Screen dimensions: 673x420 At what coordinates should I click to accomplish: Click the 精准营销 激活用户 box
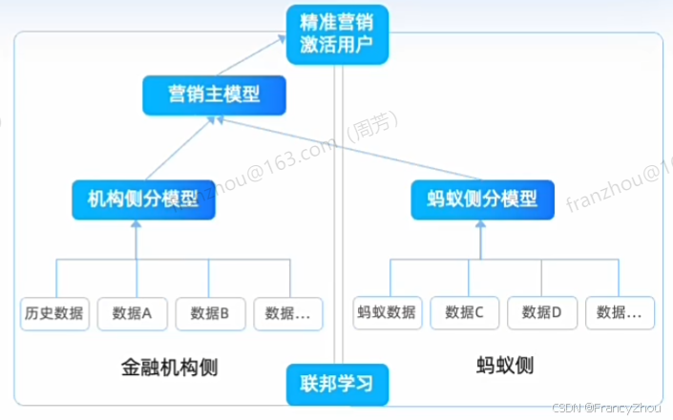[337, 33]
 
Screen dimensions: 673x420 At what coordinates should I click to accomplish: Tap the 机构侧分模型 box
[136, 199]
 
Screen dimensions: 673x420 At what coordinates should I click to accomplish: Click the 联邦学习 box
[337, 385]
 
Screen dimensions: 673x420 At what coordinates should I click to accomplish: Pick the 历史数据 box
[55, 312]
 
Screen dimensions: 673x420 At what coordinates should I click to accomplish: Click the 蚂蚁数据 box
[386, 311]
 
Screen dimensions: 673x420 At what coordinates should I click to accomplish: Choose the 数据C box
[465, 311]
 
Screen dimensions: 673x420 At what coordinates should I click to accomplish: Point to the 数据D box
[542, 311]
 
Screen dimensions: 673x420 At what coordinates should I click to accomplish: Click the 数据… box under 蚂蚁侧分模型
[620, 311]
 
